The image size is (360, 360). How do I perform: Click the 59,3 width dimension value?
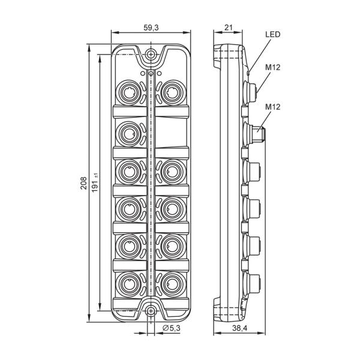pos(151,28)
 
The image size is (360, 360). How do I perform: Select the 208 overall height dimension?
pos(83,183)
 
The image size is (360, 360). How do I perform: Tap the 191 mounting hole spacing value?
pos(95,183)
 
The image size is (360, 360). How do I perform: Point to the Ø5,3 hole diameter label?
pos(172,328)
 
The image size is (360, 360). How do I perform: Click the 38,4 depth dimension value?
pos(239,328)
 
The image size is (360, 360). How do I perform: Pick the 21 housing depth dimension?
pos(229,28)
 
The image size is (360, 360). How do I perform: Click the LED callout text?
pos(273,34)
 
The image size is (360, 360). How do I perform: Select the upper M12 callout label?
pos(273,67)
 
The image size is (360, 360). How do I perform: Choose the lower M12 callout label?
pos(273,107)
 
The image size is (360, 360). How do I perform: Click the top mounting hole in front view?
pos(151,55)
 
